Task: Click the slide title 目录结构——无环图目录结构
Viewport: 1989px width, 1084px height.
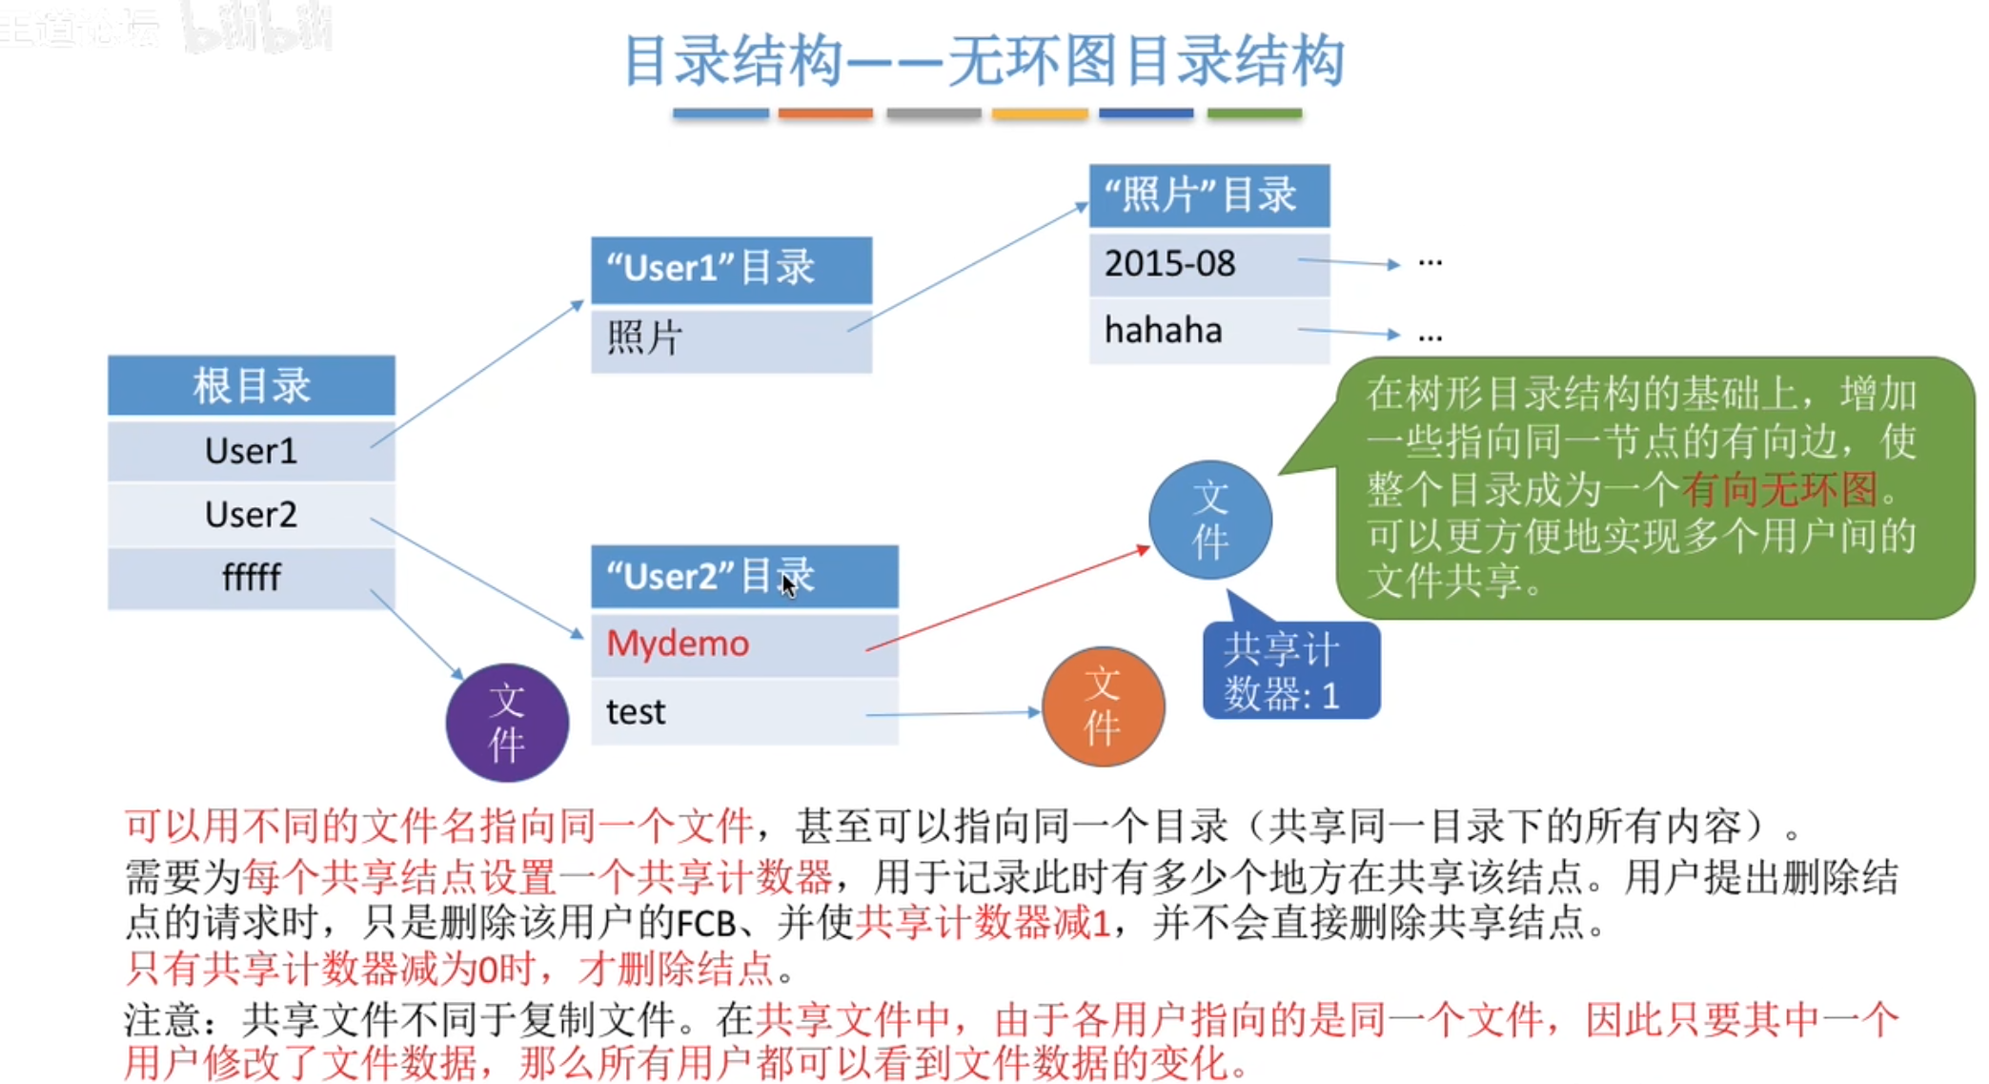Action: pos(984,61)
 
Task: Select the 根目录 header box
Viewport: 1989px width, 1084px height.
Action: pos(252,385)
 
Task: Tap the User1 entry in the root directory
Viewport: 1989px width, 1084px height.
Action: pos(252,450)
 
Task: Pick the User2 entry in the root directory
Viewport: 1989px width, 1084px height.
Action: pos(252,514)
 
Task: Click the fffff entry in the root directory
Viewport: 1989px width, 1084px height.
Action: pos(252,577)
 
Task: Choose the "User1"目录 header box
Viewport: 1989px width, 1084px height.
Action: pos(731,269)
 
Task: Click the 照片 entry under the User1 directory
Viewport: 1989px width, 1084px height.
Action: pos(731,338)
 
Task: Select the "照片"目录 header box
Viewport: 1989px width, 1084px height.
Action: pos(1209,195)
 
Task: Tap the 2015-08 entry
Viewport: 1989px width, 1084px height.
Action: pos(1209,263)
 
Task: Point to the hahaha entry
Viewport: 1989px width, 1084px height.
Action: pos(1209,331)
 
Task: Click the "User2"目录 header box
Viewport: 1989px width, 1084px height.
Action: pos(744,577)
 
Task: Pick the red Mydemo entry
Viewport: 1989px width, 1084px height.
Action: pos(744,644)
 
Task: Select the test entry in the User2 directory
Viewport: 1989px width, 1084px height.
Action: pos(744,711)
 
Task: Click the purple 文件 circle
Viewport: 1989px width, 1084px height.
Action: pos(507,723)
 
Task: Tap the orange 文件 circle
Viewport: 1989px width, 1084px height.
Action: pos(1104,706)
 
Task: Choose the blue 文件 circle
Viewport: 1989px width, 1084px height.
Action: pos(1210,520)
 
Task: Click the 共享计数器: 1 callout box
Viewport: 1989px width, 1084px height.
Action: pos(1291,669)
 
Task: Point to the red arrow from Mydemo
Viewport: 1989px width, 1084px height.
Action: pos(1008,599)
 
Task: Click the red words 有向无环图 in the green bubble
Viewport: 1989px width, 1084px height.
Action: pos(1779,489)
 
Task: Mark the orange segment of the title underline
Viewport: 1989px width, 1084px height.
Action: pos(825,113)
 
